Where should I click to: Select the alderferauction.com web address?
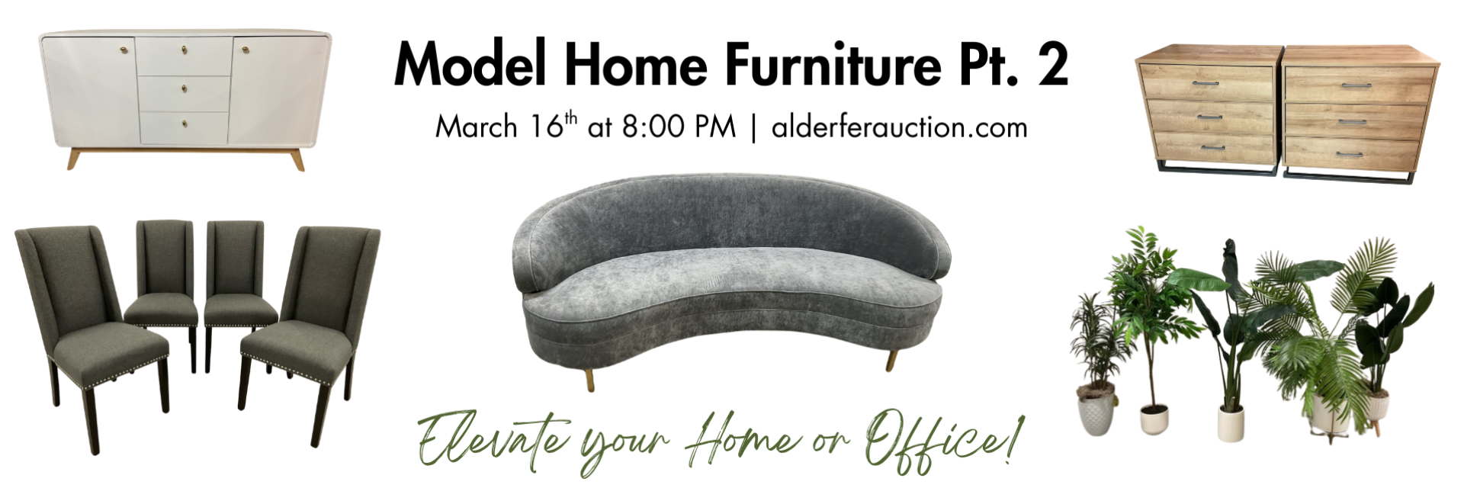pos(900,127)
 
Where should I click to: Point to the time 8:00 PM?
pos(679,127)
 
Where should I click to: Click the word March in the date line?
pos(477,127)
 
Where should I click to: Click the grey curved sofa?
pos(730,275)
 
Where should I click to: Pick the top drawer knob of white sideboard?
pos(185,51)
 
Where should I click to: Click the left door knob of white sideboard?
pos(124,50)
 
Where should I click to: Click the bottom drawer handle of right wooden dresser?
pos(1349,155)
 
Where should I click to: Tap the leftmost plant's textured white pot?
pos(1096,413)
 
